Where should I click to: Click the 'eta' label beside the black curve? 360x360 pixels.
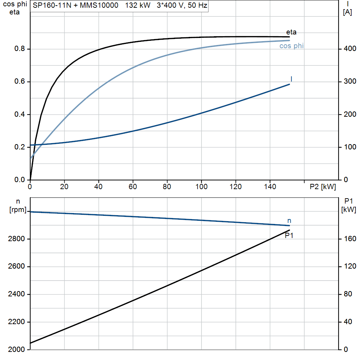click(x=291, y=32)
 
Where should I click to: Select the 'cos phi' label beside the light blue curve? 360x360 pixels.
click(x=291, y=46)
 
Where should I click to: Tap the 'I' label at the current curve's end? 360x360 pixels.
click(x=291, y=79)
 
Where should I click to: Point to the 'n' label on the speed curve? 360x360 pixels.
click(x=289, y=221)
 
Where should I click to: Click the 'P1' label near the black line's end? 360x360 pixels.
click(x=289, y=235)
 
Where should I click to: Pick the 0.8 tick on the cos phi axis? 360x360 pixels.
click(x=20, y=49)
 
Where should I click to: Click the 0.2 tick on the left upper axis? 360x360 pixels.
click(x=20, y=147)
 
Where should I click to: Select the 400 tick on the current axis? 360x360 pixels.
click(x=350, y=49)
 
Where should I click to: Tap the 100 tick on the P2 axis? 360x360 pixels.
click(x=201, y=187)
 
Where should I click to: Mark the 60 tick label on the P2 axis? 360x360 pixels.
click(x=133, y=187)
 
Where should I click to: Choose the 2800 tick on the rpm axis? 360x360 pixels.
click(x=16, y=239)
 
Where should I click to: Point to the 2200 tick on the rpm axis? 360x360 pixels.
click(x=16, y=322)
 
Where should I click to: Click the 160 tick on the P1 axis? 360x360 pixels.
click(x=350, y=239)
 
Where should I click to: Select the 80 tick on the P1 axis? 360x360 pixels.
click(x=348, y=294)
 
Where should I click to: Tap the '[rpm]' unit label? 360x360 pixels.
click(x=18, y=210)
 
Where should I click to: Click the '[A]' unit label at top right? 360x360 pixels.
click(x=347, y=12)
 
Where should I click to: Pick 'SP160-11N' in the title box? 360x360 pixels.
click(x=52, y=5)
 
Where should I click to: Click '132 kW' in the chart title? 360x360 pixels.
click(x=137, y=5)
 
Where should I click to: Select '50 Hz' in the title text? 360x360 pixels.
click(x=198, y=5)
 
